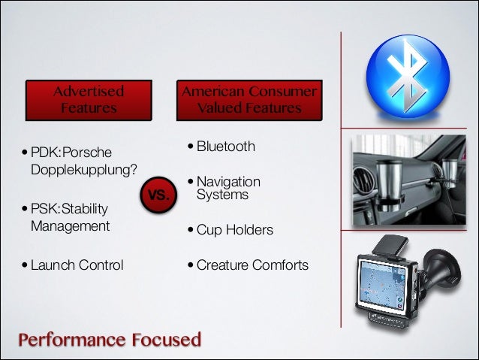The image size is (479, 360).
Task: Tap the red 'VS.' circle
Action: (x=158, y=196)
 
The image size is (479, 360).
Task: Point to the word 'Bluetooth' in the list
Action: (x=226, y=146)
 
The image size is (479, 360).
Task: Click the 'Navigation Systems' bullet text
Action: (x=228, y=189)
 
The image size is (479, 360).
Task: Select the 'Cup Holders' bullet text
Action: (x=234, y=229)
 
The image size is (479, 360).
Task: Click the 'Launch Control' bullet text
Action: (x=77, y=265)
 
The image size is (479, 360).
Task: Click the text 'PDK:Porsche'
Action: (x=70, y=153)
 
